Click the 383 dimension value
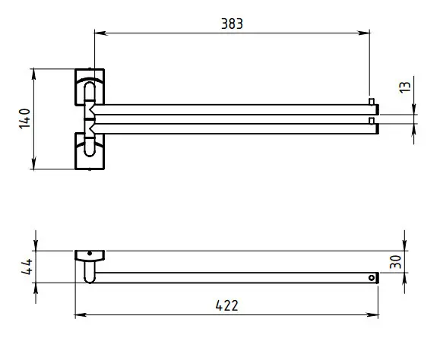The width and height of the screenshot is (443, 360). tap(232, 24)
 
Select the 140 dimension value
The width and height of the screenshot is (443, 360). tap(25, 118)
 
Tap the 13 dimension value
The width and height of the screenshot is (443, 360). tap(404, 87)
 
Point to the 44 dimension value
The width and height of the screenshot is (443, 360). tap(27, 267)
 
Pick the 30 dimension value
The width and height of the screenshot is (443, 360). tap(395, 262)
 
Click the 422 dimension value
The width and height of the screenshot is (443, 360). tap(226, 305)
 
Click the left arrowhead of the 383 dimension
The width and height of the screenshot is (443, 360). tap(100, 33)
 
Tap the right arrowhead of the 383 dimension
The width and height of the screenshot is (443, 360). tap(364, 33)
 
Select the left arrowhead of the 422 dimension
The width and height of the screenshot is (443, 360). tap(81, 314)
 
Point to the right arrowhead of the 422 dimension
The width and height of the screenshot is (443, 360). tap(372, 314)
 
